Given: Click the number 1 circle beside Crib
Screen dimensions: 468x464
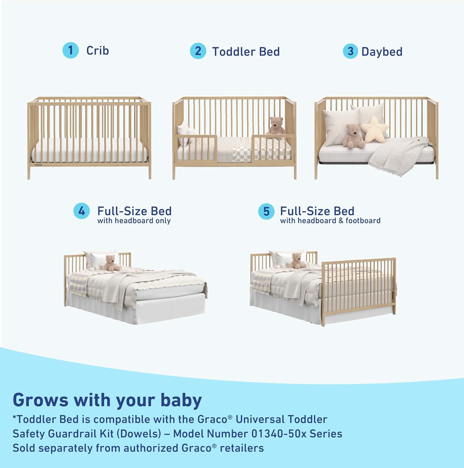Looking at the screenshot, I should [x=70, y=50].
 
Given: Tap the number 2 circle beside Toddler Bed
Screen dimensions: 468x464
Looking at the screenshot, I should [x=198, y=51].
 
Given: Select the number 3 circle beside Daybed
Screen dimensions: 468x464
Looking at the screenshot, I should [x=351, y=51].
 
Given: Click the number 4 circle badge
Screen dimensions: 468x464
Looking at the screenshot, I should [x=82, y=211].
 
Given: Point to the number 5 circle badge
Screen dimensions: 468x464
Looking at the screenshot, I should [x=266, y=212].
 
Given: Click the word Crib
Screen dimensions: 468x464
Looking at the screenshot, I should [x=98, y=51].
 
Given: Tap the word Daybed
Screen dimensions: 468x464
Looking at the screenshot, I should [x=382, y=52].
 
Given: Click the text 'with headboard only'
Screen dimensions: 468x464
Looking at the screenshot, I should [x=134, y=221].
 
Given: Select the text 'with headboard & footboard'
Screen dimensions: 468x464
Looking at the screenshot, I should [x=330, y=221].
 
